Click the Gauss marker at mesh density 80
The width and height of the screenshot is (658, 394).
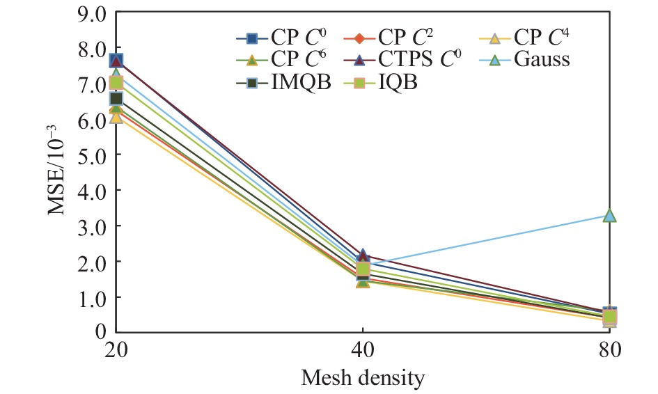(x=610, y=216)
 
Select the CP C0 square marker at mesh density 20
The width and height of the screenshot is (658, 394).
(x=116, y=61)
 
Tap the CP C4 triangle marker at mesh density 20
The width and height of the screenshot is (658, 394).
(x=116, y=116)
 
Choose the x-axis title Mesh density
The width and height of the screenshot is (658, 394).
(x=363, y=379)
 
